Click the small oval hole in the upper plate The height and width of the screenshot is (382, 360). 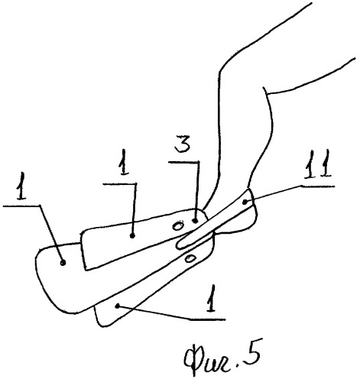pyautogui.click(x=177, y=226)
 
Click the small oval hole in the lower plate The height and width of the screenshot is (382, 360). pyautogui.click(x=190, y=259)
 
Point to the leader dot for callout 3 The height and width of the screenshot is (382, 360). pyautogui.click(x=195, y=221)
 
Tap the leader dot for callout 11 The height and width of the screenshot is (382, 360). pyautogui.click(x=245, y=202)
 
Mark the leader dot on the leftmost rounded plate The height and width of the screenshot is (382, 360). pyautogui.click(x=63, y=263)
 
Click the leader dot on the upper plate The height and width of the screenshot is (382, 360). pyautogui.click(x=132, y=236)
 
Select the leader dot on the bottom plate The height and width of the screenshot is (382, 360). pyautogui.click(x=117, y=306)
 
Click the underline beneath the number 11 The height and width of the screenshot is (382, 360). pyautogui.click(x=318, y=186)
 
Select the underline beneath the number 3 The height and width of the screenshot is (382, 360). pyautogui.click(x=184, y=162)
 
